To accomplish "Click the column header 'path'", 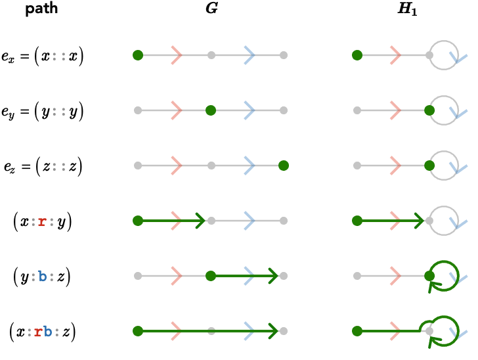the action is point(41,9).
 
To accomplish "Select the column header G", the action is point(212,8).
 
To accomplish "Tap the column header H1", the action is point(407,9).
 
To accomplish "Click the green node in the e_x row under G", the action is point(138,55).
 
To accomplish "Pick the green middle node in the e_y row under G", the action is point(211,110).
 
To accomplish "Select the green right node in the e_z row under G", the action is point(284,166).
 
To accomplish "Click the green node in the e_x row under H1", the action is point(357,55).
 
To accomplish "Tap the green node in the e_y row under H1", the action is point(429,110).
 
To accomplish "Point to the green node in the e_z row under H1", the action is point(429,166).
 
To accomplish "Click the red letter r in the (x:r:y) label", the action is point(42,221).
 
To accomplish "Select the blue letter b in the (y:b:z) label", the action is point(43,276).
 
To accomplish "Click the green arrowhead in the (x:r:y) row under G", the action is point(201,221).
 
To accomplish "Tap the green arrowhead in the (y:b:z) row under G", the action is point(273,276).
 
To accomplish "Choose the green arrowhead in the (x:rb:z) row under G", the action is point(273,331).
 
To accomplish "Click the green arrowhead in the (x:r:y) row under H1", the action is point(419,221).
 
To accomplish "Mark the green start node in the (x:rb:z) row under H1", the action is point(357,331).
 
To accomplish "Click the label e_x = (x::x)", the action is point(42,56).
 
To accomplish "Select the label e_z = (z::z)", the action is point(43,167).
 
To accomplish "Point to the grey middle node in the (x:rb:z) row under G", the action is point(211,331).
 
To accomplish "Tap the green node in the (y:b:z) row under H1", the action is point(429,276).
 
